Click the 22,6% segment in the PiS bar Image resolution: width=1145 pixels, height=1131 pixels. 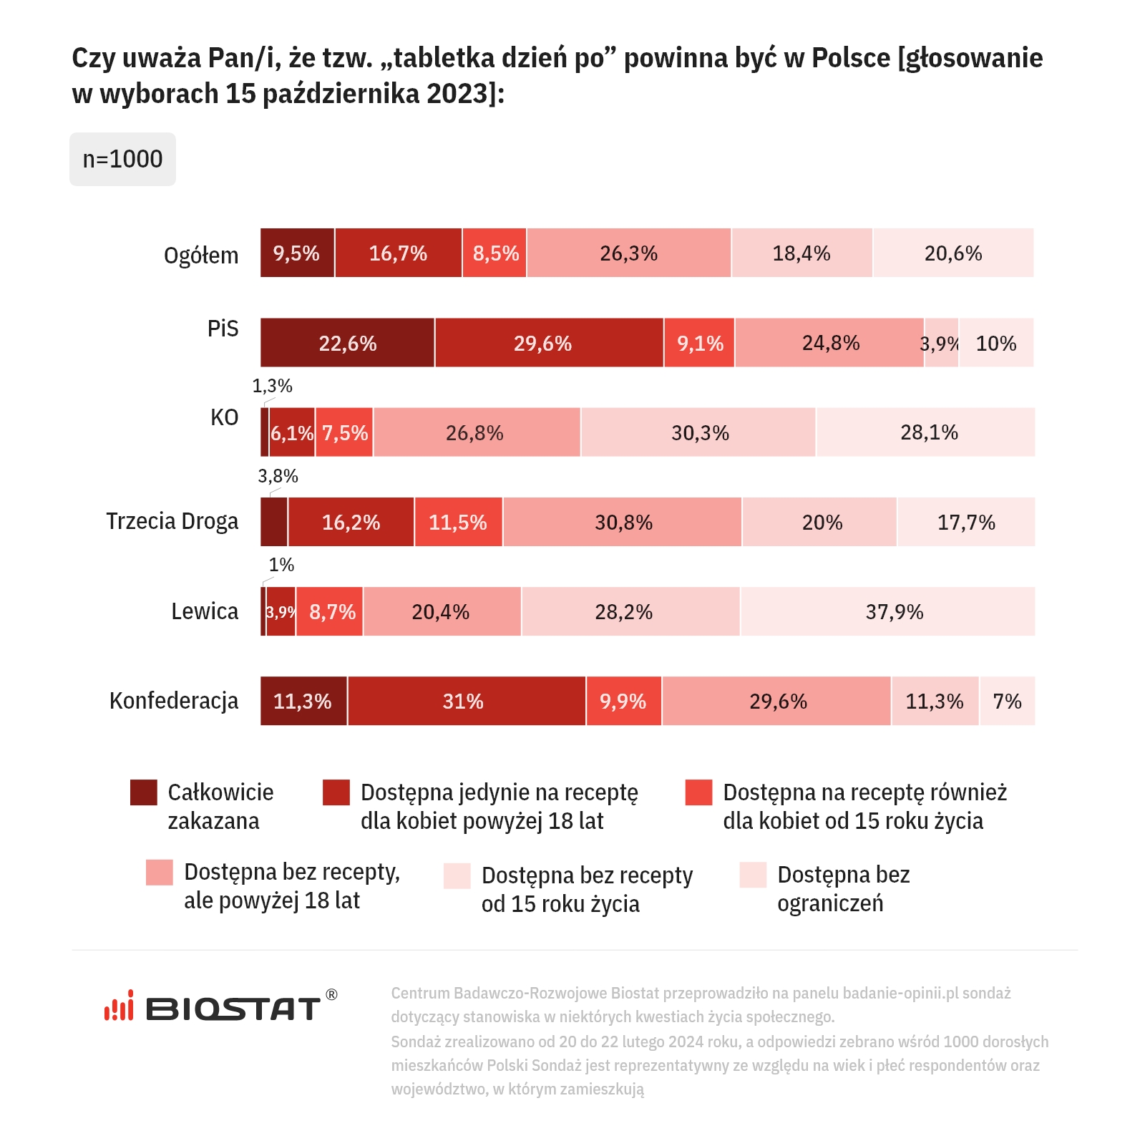pyautogui.click(x=347, y=343)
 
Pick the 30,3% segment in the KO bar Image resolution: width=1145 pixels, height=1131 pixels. pyautogui.click(x=698, y=432)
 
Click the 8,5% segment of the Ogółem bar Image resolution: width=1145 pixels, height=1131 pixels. pyautogui.click(x=494, y=253)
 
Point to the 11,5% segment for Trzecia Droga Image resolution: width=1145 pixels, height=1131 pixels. pyautogui.click(x=458, y=522)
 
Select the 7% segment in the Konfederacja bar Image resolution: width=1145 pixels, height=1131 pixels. pyautogui.click(x=1007, y=701)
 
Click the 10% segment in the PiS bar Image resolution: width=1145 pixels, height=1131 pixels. pyautogui.click(x=996, y=343)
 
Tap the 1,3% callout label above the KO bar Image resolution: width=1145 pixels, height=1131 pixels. pyautogui.click(x=272, y=387)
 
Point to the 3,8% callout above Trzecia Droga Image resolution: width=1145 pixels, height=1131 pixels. pyautogui.click(x=278, y=476)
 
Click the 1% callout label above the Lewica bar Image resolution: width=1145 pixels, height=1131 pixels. pyautogui.click(x=281, y=565)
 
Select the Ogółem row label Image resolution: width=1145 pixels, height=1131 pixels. pyautogui.click(x=201, y=256)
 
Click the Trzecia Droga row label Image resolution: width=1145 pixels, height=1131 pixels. pyautogui.click(x=172, y=521)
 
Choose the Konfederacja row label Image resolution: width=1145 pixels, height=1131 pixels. pyautogui.click(x=174, y=701)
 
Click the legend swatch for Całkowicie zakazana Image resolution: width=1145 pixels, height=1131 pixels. pyautogui.click(x=144, y=792)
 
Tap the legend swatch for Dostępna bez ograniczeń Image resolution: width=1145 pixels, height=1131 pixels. pyautogui.click(x=753, y=875)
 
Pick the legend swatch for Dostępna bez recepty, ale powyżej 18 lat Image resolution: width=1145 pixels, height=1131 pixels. pyautogui.click(x=160, y=873)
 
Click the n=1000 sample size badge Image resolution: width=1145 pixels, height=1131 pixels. pyautogui.click(x=122, y=159)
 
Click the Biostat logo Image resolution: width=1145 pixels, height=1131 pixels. pyautogui.click(x=220, y=1007)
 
